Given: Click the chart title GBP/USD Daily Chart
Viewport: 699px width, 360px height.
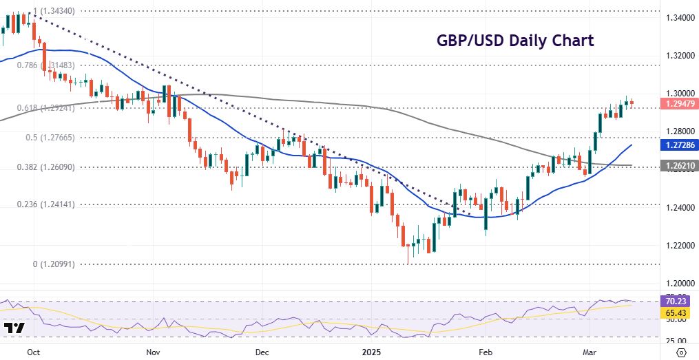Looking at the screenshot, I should tap(515, 41).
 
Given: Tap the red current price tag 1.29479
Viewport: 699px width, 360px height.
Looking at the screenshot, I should tap(678, 103).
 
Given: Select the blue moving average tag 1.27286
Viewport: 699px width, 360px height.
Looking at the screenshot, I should tap(678, 145).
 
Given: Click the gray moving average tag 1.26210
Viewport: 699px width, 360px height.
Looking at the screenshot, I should tap(678, 166).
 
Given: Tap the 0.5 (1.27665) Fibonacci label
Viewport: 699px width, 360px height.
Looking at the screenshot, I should tap(50, 138).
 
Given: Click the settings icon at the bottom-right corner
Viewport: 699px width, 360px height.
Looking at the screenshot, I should tap(681, 352).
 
